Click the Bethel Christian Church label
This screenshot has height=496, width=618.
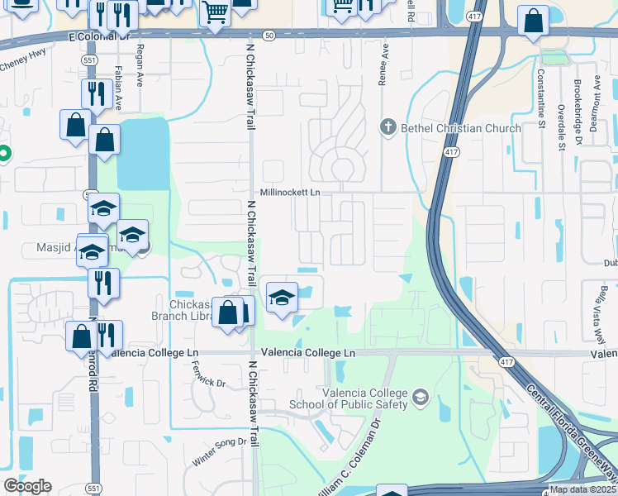(x=461, y=128)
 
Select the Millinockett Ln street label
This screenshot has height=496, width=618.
(x=289, y=192)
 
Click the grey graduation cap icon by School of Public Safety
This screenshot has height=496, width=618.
(x=421, y=398)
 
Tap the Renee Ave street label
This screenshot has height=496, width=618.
(x=384, y=60)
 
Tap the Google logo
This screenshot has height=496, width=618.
(x=27, y=486)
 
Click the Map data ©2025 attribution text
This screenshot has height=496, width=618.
(x=582, y=489)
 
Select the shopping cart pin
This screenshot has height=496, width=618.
(x=215, y=13)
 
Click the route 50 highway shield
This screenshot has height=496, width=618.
(x=269, y=36)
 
